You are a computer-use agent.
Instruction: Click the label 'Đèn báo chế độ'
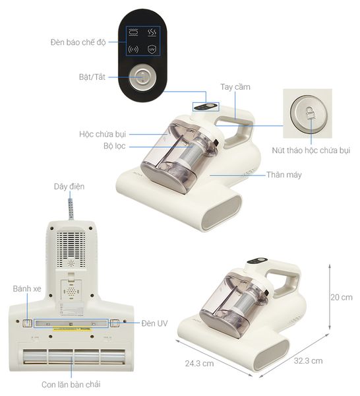click(78, 42)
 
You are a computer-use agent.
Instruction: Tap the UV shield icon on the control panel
click(152, 49)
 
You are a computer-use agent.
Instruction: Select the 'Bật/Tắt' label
click(92, 77)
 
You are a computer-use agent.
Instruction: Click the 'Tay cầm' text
click(235, 86)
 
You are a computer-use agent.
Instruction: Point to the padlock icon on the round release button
click(311, 114)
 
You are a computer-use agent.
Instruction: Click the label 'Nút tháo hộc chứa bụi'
click(311, 150)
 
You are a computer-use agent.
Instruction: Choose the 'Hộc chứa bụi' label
click(102, 134)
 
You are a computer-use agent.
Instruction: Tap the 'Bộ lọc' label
click(115, 146)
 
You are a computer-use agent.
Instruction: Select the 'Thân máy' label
click(284, 175)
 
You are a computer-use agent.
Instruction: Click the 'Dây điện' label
click(69, 187)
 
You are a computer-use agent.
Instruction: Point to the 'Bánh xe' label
click(27, 288)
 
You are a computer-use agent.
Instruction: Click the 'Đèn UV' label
click(154, 323)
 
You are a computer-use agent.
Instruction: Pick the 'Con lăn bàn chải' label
click(71, 384)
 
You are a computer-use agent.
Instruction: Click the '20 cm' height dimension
click(342, 297)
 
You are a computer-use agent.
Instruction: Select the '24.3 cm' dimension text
click(199, 364)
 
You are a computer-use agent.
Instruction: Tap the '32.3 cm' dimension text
click(309, 361)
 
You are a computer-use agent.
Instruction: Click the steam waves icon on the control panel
click(152, 32)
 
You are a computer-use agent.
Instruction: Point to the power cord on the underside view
click(71, 209)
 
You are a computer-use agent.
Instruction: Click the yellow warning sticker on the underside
click(72, 329)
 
